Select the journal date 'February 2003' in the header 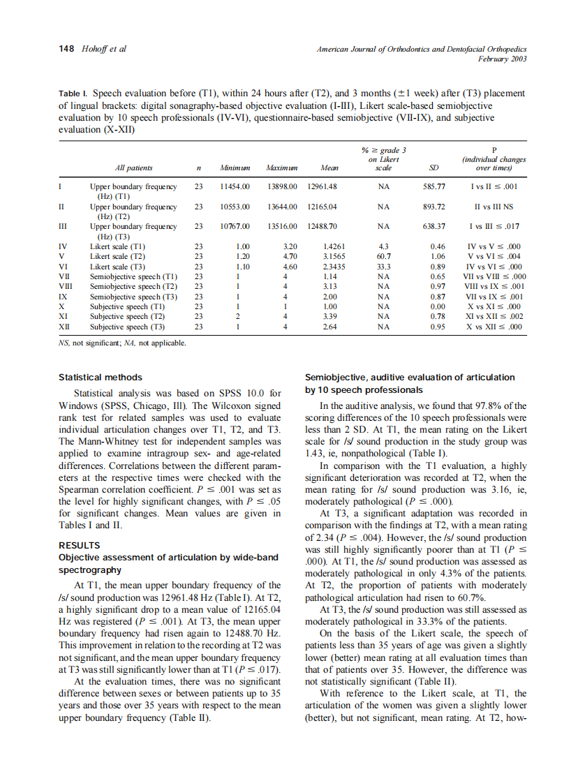tap(501, 59)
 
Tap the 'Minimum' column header tap(234, 168)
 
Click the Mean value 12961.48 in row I tap(322, 187)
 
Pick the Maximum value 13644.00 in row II tap(282, 207)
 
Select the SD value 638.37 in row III tap(434, 227)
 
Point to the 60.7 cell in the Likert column tap(383, 256)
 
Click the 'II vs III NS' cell tap(494, 207)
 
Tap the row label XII tap(64, 326)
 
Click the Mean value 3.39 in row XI tap(330, 316)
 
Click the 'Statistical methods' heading tap(101, 378)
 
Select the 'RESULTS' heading tap(79, 545)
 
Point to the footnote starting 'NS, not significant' tap(122, 343)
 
